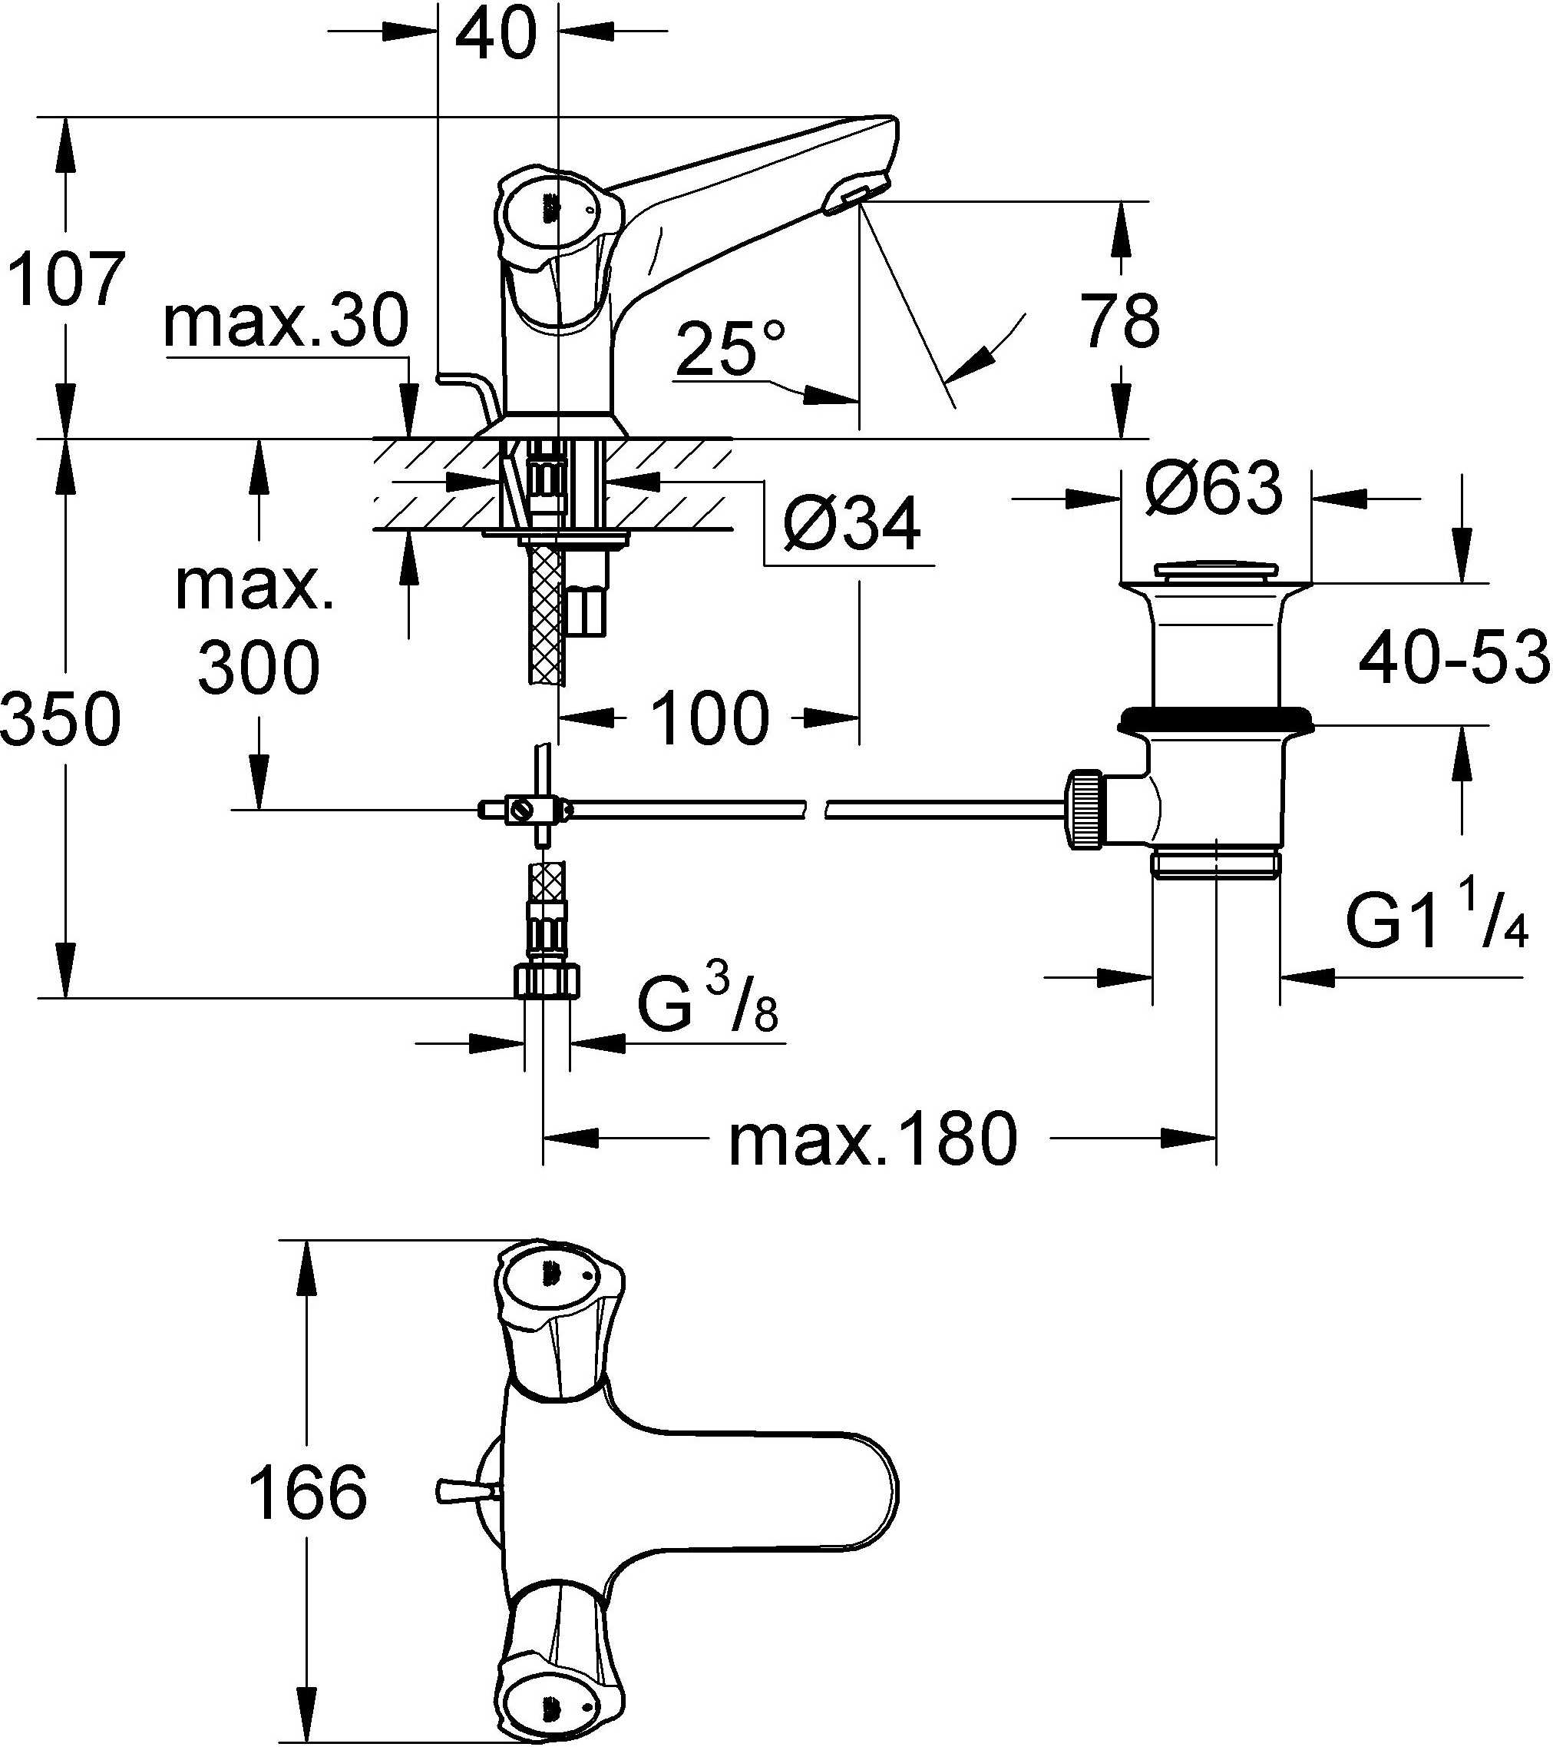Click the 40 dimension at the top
[x=497, y=35]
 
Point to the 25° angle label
[x=728, y=348]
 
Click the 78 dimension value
[x=1121, y=321]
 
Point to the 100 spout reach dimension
[x=710, y=718]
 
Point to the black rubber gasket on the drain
[x=1215, y=715]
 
